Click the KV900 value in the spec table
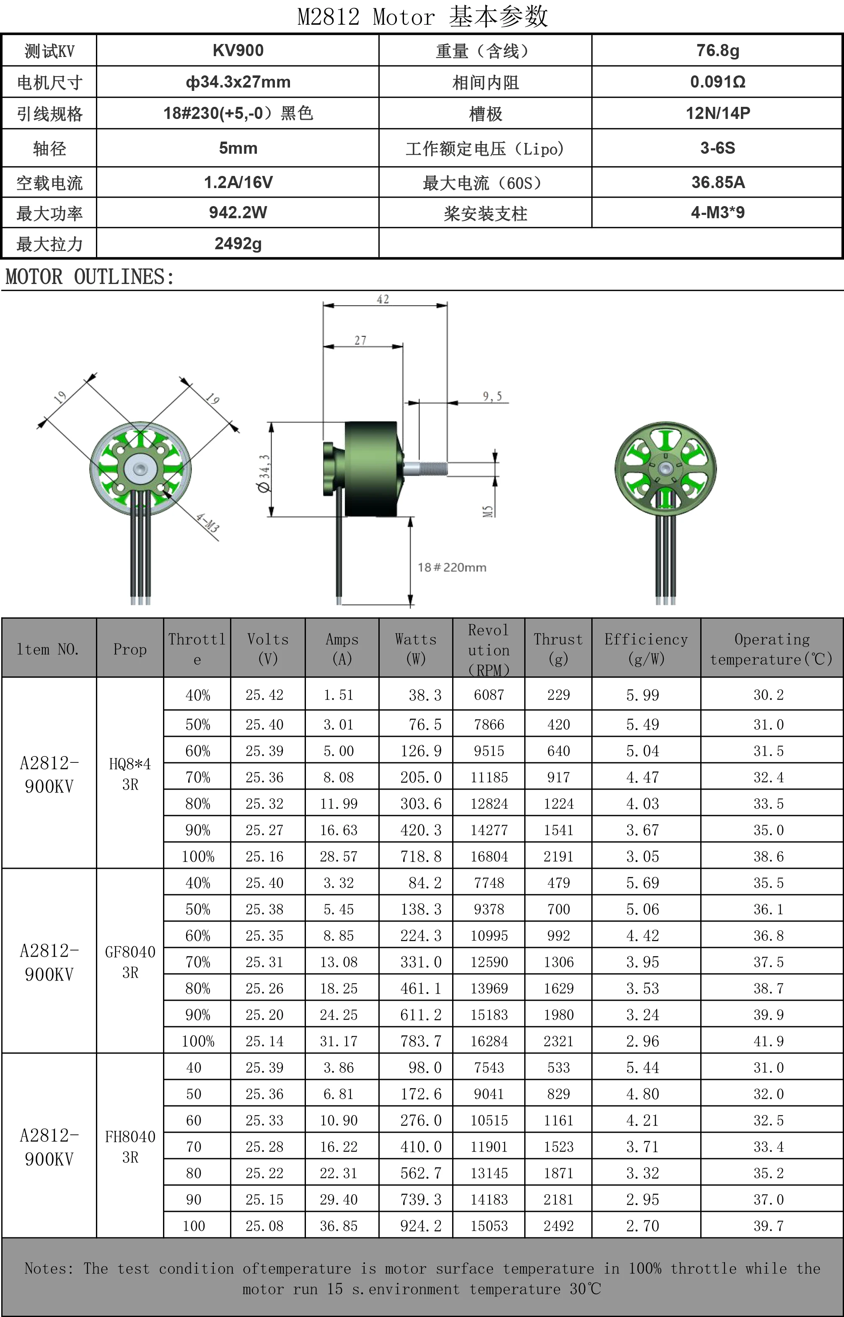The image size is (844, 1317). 238,50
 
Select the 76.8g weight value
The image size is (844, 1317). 717,50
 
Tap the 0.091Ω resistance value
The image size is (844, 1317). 717,82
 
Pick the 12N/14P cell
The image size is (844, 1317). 717,114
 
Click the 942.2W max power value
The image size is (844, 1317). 238,212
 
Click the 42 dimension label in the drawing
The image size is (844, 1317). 383,299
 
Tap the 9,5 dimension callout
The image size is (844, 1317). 492,396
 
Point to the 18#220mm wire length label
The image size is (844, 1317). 452,568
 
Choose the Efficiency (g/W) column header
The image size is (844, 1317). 646,648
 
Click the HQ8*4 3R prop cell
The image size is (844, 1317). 130,774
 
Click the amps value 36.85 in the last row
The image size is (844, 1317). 339,1226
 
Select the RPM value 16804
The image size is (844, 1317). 489,856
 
